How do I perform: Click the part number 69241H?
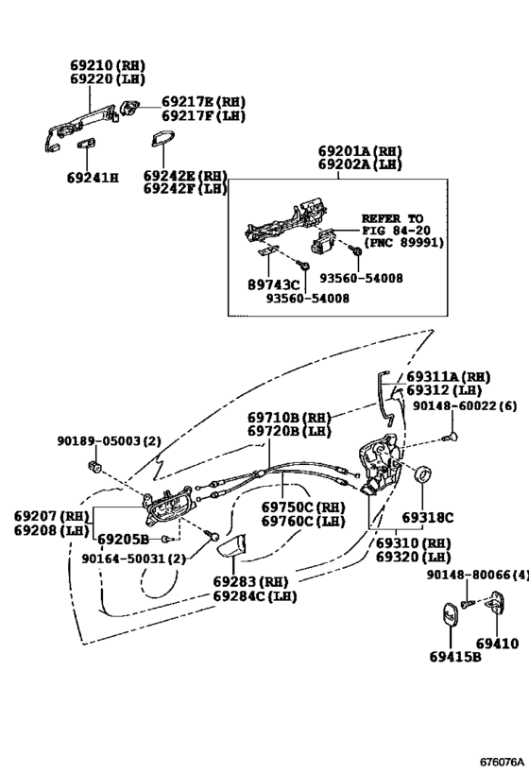[93, 178]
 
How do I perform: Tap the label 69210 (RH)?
[108, 65]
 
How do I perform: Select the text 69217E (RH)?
[203, 102]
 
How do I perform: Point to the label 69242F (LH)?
[185, 189]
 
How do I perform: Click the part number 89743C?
[273, 284]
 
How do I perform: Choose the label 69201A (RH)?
[360, 151]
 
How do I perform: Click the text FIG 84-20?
[396, 231]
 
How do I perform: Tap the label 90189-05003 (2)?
[109, 440]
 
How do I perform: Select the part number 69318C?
[427, 518]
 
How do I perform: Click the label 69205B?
[123, 539]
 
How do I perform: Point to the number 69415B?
[455, 657]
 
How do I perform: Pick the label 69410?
[497, 644]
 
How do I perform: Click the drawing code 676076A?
[502, 762]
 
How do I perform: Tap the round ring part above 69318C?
[423, 473]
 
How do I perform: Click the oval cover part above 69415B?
[450, 615]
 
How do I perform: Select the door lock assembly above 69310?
[380, 463]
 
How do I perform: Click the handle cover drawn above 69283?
[231, 546]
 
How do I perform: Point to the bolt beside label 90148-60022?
[450, 437]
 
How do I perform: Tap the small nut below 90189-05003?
[94, 466]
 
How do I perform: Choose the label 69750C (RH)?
[303, 507]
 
